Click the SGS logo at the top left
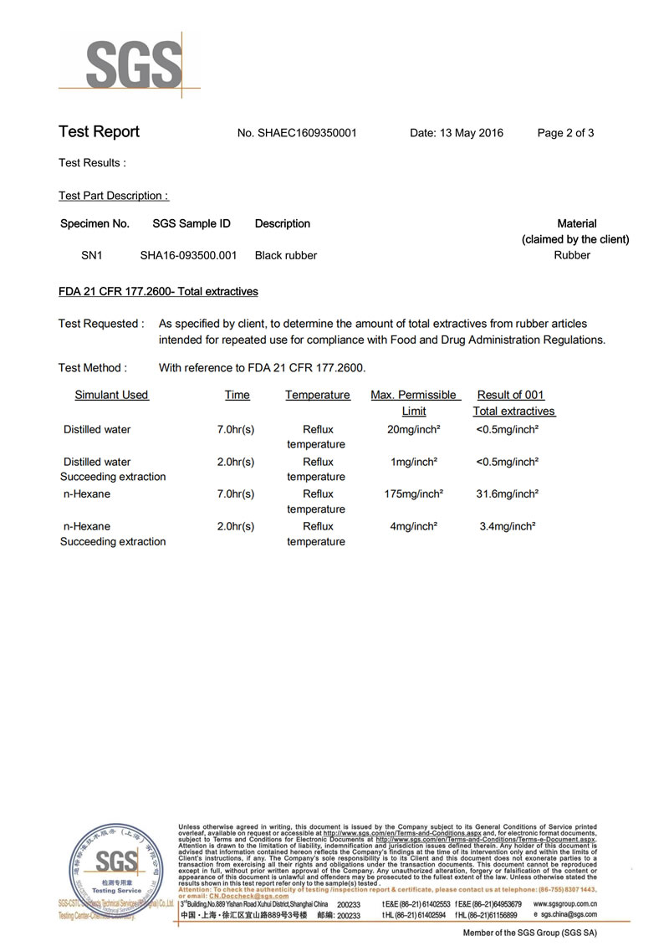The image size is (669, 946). click(134, 63)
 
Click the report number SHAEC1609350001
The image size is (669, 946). click(308, 132)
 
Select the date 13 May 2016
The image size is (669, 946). click(457, 132)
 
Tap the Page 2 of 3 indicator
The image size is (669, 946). click(565, 132)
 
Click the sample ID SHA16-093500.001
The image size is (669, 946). click(188, 255)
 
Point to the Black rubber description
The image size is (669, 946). click(286, 255)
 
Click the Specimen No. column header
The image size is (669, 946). click(94, 223)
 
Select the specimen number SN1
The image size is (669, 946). click(91, 255)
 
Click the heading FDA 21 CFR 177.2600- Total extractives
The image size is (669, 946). click(158, 292)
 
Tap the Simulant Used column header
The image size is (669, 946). click(111, 395)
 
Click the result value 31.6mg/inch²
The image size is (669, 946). click(507, 493)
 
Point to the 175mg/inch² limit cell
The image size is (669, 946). click(413, 493)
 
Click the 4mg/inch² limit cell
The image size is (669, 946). click(414, 526)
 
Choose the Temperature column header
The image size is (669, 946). click(317, 395)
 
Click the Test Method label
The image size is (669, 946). click(93, 367)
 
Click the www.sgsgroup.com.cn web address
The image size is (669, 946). click(564, 904)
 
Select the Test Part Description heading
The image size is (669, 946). click(114, 196)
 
